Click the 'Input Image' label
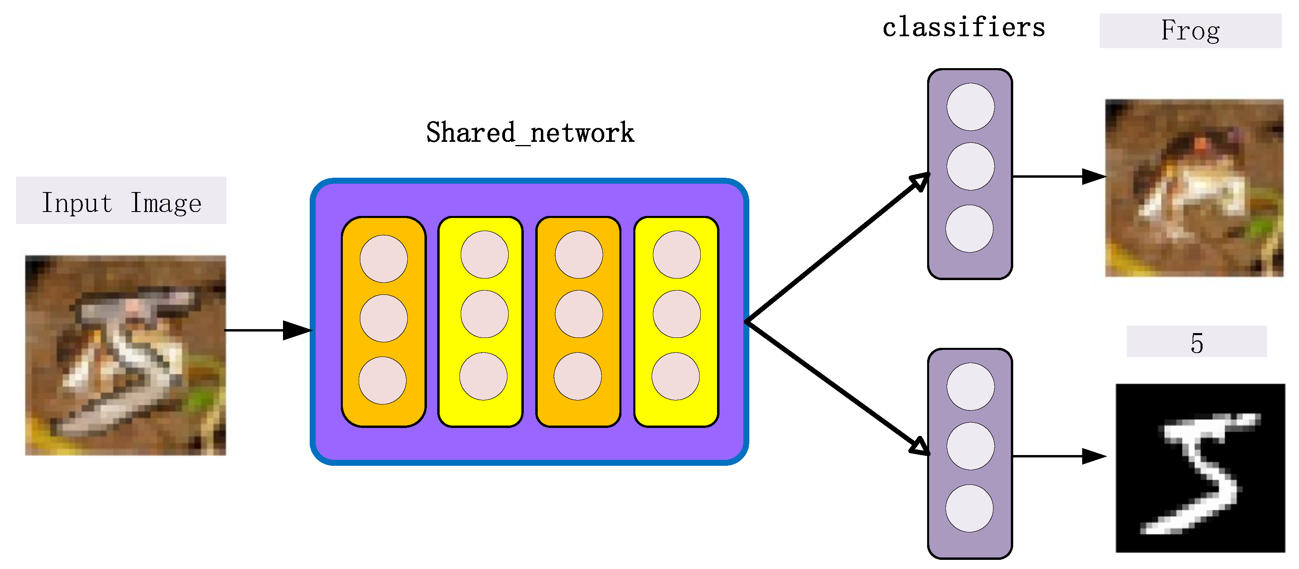(121, 200)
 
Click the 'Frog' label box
(1190, 31)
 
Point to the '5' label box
(1196, 342)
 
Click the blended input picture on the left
(126, 355)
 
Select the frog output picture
(1194, 188)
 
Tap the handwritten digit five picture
(1200, 468)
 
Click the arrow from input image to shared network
(267, 330)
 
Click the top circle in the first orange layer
(384, 259)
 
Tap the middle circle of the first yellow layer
(484, 314)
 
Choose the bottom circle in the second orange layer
(578, 376)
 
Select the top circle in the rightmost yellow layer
(676, 255)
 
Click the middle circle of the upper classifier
(970, 166)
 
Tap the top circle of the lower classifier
(970, 387)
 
